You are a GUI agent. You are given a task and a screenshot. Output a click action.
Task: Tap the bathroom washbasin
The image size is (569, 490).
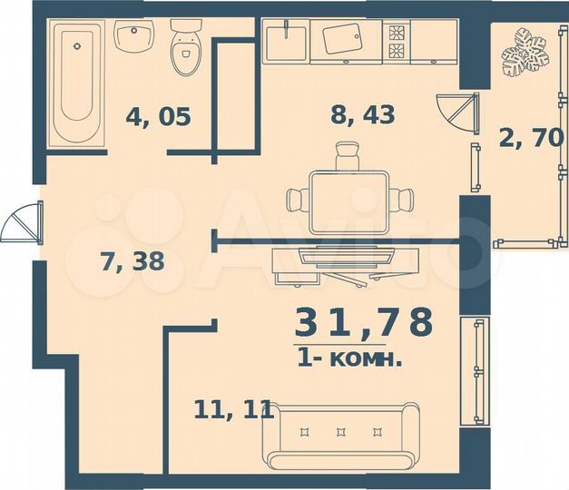134,39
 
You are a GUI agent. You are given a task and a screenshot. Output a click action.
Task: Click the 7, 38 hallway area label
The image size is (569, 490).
132,261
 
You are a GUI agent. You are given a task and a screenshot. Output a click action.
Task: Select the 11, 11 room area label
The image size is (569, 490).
233,409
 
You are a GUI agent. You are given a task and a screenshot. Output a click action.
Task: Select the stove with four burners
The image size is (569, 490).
397,41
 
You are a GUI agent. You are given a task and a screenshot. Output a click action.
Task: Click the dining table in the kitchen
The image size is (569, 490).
348,199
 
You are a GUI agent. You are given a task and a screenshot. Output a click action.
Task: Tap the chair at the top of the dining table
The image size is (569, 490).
347,162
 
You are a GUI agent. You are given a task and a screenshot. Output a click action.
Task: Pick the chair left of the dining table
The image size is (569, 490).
297,199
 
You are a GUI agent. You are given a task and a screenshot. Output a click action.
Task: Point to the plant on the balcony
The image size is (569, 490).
525,56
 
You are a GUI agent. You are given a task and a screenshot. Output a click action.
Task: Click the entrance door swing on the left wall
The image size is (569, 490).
23,222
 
